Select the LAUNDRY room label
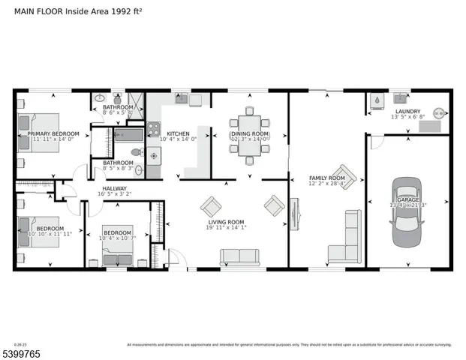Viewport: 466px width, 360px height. coord(407,111)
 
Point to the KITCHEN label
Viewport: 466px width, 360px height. coord(178,133)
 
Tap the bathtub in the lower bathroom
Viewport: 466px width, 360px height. coord(129,136)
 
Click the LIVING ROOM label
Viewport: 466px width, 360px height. coord(226,221)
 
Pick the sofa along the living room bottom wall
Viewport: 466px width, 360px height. coord(239,257)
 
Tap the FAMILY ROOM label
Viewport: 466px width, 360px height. coord(327,178)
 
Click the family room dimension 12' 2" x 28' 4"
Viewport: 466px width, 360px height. coord(327,183)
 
